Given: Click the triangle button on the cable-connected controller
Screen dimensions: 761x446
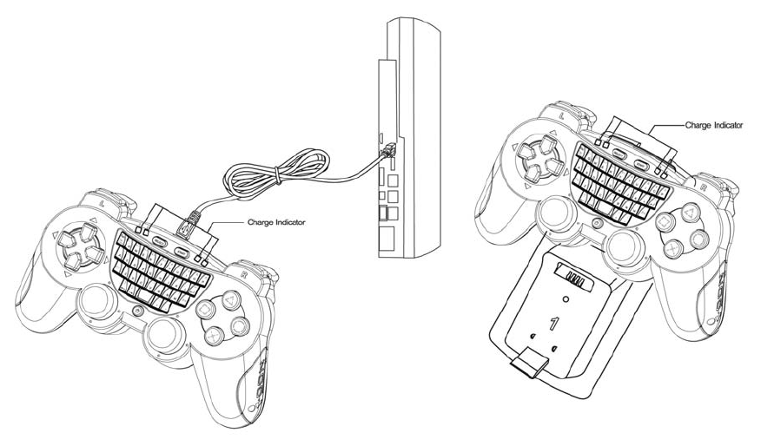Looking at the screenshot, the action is (x=228, y=300).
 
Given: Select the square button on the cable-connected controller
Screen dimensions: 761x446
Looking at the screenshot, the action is (x=204, y=309).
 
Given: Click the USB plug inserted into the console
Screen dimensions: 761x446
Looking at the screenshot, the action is (x=384, y=152).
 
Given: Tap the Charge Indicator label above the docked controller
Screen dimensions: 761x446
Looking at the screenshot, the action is (x=713, y=125).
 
